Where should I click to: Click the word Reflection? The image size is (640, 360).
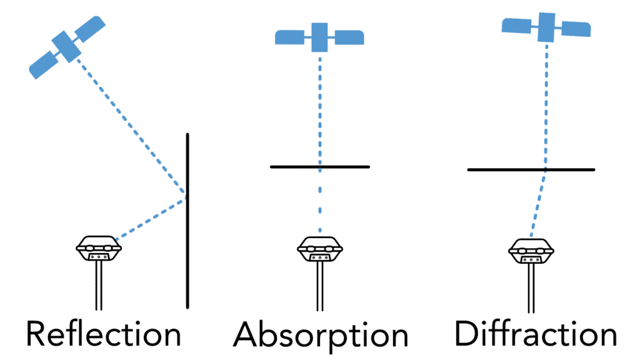coord(104,334)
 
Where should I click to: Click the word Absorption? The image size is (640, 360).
coord(321,336)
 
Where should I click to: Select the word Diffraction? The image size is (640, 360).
coord(536,334)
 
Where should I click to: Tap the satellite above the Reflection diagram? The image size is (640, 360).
coord(67,47)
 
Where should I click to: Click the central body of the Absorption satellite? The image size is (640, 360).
coord(319,37)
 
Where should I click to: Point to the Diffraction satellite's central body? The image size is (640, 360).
coord(546,27)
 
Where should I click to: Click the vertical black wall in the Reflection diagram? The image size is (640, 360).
coord(187,221)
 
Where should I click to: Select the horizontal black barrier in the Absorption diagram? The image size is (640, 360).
coord(320,167)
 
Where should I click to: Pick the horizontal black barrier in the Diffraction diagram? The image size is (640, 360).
coord(531,169)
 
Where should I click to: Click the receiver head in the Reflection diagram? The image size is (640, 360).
coord(99,247)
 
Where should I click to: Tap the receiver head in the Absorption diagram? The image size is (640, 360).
coord(320,249)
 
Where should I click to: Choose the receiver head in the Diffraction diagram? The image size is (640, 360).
coord(531,251)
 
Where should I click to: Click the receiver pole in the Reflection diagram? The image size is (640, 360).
coord(99,285)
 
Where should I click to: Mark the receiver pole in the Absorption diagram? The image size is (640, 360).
coord(320,286)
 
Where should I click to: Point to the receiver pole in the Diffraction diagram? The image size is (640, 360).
coord(531,288)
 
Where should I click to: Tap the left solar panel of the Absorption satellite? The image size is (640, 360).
coord(290,37)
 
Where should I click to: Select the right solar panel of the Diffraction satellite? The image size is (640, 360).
coord(576,29)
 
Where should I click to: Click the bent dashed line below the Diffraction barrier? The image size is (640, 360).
coord(539,203)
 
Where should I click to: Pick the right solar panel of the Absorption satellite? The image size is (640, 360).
coord(349,37)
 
